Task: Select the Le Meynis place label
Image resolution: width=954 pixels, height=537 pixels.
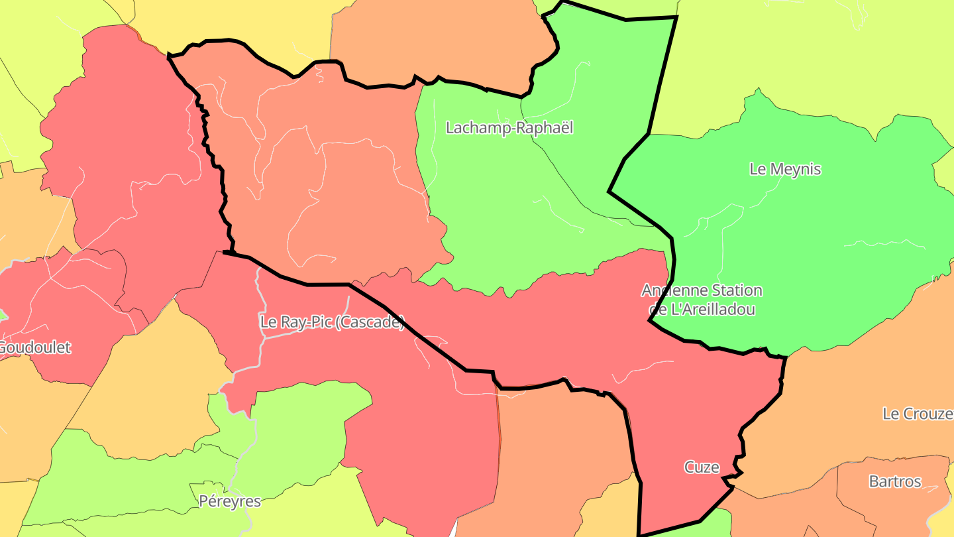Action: coord(785,169)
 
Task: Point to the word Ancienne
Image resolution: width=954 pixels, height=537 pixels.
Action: coord(669,290)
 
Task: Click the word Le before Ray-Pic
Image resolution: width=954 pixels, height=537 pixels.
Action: coord(268,323)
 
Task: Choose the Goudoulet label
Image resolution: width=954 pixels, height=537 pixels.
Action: coord(34,347)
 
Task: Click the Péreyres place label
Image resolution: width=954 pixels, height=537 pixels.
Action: coord(230,501)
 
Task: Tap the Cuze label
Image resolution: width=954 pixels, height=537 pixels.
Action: coord(702,467)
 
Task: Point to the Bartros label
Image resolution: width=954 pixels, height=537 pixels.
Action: coord(895,481)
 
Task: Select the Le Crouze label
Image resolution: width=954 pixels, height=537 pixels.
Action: coord(918,414)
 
